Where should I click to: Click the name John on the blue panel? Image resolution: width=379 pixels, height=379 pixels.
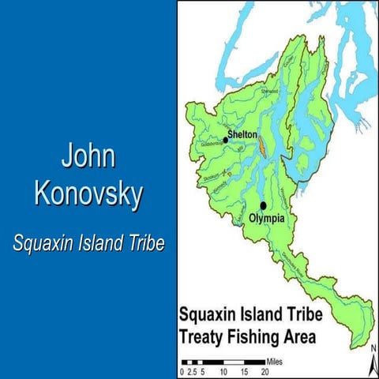tap(88, 156)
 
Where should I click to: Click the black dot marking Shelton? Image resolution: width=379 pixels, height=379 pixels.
tap(226, 140)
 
